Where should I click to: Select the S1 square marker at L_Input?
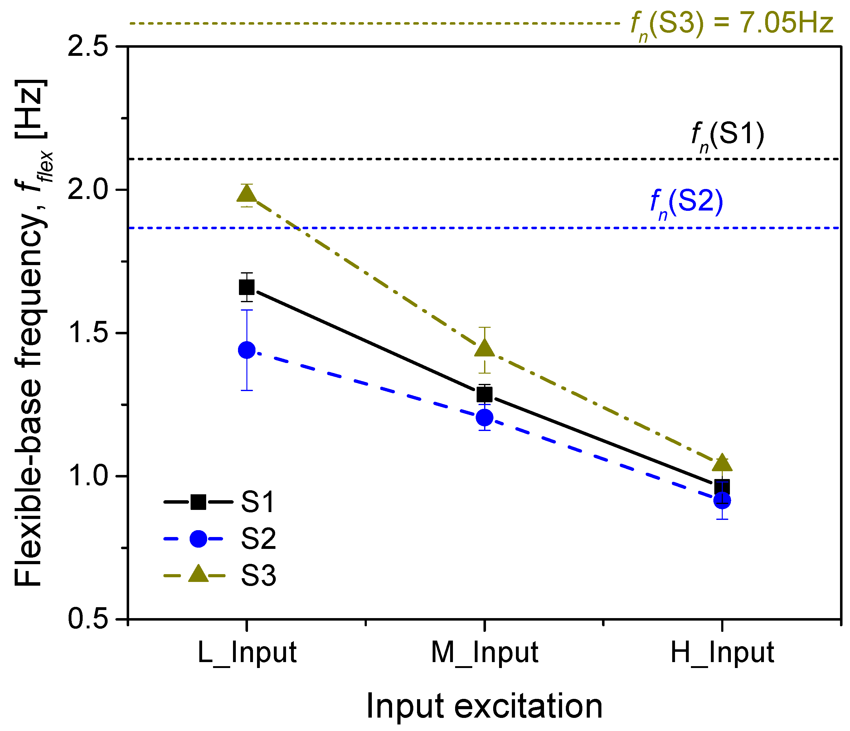(x=246, y=287)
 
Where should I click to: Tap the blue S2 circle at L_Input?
(x=246, y=350)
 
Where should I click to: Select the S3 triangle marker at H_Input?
(x=722, y=463)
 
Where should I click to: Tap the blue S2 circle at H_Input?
(x=722, y=501)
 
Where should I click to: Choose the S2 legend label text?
(x=258, y=539)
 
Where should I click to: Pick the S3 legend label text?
(x=258, y=575)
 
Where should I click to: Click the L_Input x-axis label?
(x=246, y=653)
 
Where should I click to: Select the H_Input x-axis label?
(x=722, y=653)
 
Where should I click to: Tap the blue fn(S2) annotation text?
(x=686, y=203)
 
